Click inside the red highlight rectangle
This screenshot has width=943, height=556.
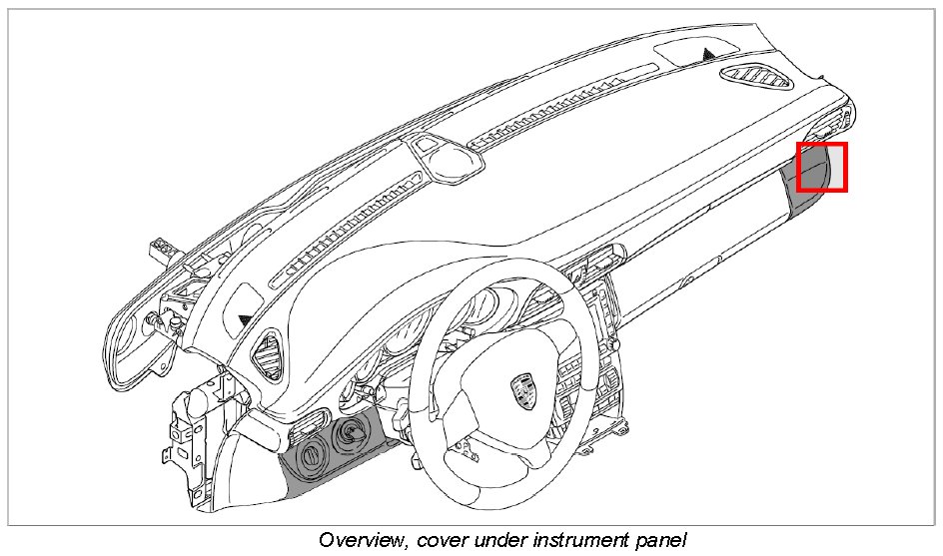coord(822,167)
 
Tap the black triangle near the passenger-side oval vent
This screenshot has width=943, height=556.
coord(708,53)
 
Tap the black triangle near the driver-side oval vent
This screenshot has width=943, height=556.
coord(244,318)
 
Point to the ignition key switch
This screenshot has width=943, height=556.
coord(353,431)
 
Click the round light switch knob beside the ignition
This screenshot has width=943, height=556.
coord(311,457)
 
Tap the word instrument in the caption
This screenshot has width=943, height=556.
coord(567,540)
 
